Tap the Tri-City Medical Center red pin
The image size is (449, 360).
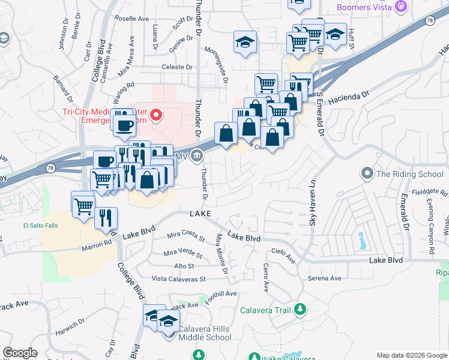point(157,114)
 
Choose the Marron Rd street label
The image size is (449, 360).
point(98,244)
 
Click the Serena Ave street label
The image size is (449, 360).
point(324,278)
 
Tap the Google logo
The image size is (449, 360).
point(20,353)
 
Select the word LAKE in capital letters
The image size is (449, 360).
point(200,214)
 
